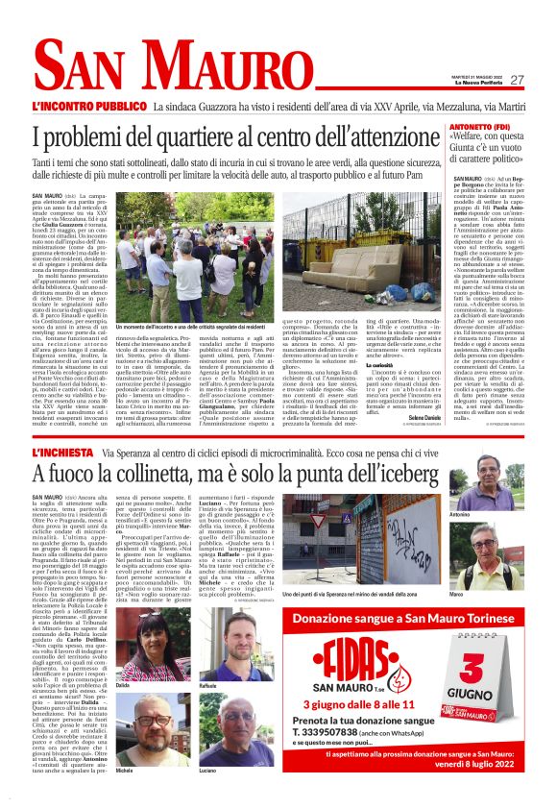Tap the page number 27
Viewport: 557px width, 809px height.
(x=518, y=80)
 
